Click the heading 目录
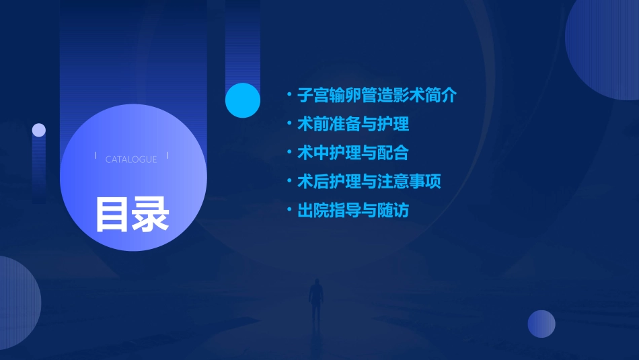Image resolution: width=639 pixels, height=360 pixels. (x=132, y=214)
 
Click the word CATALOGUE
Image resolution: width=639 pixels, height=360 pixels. (x=131, y=159)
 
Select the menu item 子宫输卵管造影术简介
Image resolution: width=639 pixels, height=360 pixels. (x=377, y=96)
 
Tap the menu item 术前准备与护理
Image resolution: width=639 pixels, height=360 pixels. (x=353, y=124)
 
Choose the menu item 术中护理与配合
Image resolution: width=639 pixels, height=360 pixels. (x=353, y=153)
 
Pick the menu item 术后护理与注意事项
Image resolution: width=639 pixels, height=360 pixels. (x=369, y=182)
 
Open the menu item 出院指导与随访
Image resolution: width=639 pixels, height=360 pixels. (x=353, y=211)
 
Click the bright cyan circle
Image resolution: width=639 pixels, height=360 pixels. (x=243, y=100)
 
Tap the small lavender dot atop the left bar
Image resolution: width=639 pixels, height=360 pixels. (x=39, y=130)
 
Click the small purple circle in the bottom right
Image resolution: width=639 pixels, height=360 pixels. (x=541, y=324)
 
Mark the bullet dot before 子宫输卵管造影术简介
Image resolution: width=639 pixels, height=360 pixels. (x=289, y=96)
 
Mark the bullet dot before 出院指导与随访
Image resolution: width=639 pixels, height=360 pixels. (x=289, y=211)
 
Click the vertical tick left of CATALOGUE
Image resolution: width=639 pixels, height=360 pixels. (x=96, y=157)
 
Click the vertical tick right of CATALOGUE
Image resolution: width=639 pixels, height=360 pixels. (x=167, y=157)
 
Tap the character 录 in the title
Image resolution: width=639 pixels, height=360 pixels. (x=151, y=214)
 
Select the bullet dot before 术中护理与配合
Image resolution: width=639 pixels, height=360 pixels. (x=289, y=153)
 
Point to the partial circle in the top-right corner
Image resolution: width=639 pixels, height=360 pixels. (x=605, y=47)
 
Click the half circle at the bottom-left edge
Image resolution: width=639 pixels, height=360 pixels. (x=17, y=303)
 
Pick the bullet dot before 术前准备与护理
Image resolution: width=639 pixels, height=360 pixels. (x=289, y=124)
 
